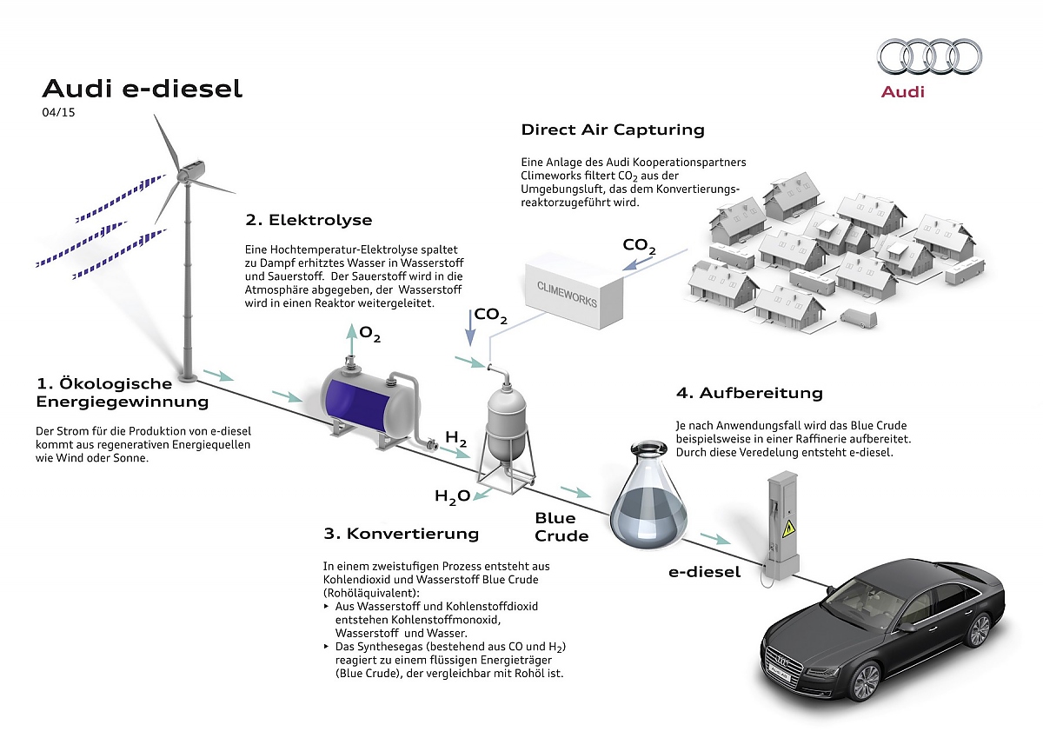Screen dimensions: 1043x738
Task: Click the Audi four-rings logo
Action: point(930,57)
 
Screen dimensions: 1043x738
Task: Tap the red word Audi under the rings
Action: point(903,92)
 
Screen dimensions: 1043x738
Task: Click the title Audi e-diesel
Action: point(143,89)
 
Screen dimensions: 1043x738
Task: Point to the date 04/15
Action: point(58,112)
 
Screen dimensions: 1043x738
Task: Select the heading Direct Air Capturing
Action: point(613,130)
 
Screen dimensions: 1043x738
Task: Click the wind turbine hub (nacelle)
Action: point(190,171)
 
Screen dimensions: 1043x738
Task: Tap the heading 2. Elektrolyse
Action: point(309,220)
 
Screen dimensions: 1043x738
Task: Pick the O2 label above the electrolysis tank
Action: point(370,334)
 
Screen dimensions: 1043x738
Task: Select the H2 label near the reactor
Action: point(455,438)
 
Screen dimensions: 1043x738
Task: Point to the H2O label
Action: point(452,496)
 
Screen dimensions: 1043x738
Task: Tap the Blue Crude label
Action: point(561,527)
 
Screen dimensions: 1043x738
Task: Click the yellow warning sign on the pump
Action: point(788,529)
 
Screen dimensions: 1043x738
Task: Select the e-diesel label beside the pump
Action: point(705,572)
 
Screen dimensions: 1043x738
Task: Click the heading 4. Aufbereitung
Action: point(749,393)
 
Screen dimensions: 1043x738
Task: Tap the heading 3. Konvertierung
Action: point(402,533)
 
